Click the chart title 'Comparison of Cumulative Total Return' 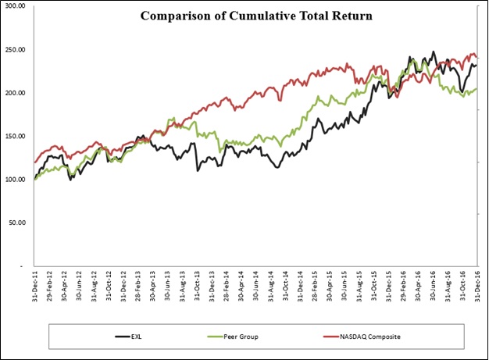pyautogui.click(x=245, y=16)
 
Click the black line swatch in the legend pyautogui.click(x=122, y=336)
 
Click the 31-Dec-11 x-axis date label pyautogui.click(x=34, y=288)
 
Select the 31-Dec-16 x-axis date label pyautogui.click(x=478, y=288)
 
